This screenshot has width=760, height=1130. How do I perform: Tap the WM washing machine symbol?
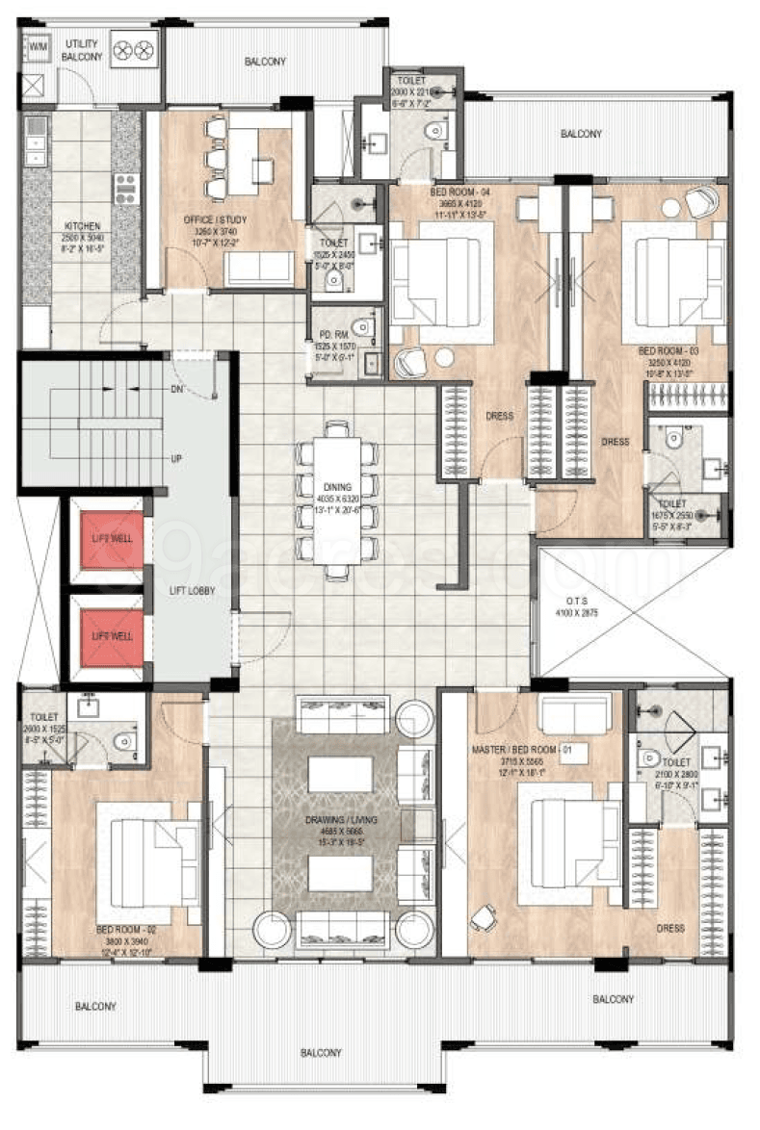(x=38, y=46)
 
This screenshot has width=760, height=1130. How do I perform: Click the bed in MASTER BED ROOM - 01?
(x=564, y=843)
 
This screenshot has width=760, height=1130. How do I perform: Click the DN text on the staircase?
(x=177, y=390)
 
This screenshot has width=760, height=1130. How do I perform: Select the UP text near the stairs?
(x=176, y=459)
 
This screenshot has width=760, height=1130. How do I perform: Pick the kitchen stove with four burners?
(x=126, y=188)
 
